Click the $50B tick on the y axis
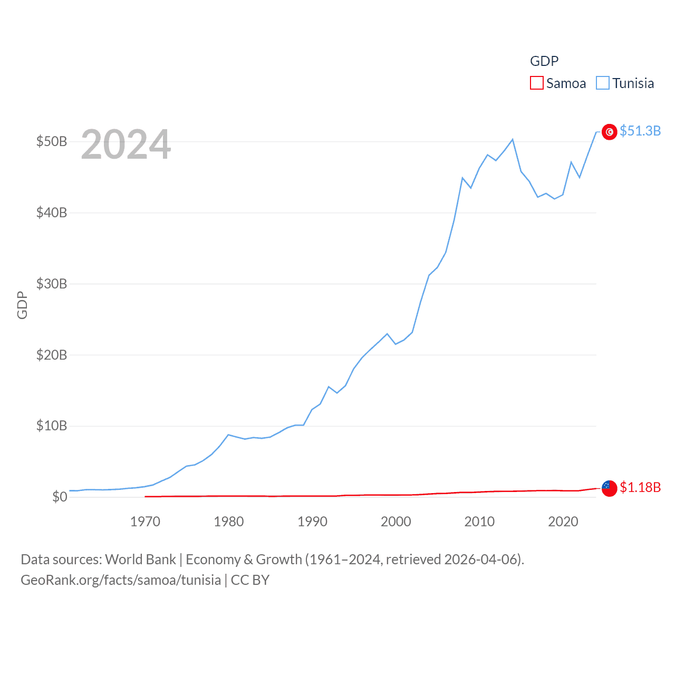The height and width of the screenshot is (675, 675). tap(52, 141)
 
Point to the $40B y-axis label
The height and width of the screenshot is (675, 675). tap(52, 213)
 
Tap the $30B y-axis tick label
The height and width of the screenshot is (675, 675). tap(52, 284)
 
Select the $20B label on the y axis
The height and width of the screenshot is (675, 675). tap(52, 355)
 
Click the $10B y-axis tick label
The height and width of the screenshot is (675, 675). tap(52, 426)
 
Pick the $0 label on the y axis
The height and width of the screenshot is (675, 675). tap(60, 497)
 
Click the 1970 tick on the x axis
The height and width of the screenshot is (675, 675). tap(145, 522)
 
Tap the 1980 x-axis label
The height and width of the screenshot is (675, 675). tap(228, 522)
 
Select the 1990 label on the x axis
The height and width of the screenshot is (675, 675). tap(312, 522)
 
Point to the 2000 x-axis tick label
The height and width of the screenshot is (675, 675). tap(396, 522)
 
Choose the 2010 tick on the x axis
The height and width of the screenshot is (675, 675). tap(479, 522)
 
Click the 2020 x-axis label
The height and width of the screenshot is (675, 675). tap(563, 522)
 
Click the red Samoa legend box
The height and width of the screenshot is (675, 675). tap(536, 83)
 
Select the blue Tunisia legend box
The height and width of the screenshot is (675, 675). tap(603, 83)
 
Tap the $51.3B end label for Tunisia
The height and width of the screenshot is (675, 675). tap(640, 131)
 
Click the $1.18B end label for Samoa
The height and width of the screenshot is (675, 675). tap(640, 487)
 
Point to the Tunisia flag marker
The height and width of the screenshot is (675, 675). tap(609, 132)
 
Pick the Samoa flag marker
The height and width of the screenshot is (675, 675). tap(609, 488)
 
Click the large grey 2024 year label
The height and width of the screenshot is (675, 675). tap(126, 144)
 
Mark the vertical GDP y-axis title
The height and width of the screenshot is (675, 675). tap(22, 305)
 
